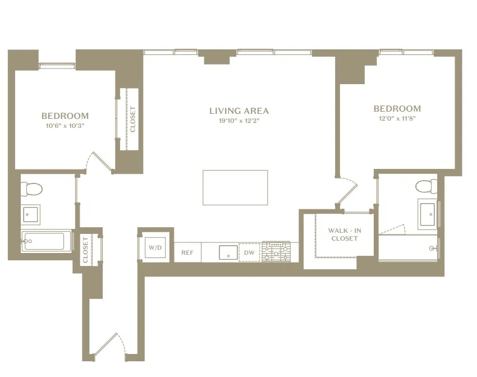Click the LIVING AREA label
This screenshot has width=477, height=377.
click(239, 111)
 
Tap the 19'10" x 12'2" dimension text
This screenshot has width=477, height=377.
click(239, 121)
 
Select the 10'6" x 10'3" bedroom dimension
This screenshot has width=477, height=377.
click(65, 126)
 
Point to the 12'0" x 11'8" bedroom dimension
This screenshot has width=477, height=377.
click(397, 118)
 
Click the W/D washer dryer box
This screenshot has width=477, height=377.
click(154, 247)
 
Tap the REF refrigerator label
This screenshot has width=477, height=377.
click(187, 253)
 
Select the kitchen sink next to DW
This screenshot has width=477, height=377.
click(228, 252)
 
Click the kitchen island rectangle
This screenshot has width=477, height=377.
click(235, 188)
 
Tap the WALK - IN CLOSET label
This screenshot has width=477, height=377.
click(342, 235)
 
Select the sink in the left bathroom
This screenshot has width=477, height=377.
click(31, 214)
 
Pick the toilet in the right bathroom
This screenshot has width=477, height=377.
click(427, 186)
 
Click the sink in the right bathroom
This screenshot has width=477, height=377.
click(429, 214)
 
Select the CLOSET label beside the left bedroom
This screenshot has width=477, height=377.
click(133, 119)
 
